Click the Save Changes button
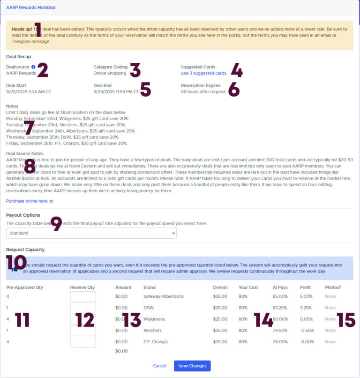(x=192, y=366)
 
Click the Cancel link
(x=160, y=366)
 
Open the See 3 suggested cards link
(x=203, y=73)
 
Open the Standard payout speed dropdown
(x=91, y=233)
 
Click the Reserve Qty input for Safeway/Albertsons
(x=83, y=296)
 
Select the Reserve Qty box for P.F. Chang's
(x=83, y=342)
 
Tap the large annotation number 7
(x=29, y=128)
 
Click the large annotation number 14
(x=263, y=320)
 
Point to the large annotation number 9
(x=56, y=224)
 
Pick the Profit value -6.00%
(x=307, y=342)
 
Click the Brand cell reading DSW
(x=149, y=308)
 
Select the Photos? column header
(x=333, y=287)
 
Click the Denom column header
(x=220, y=287)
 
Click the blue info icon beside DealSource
(x=33, y=67)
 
